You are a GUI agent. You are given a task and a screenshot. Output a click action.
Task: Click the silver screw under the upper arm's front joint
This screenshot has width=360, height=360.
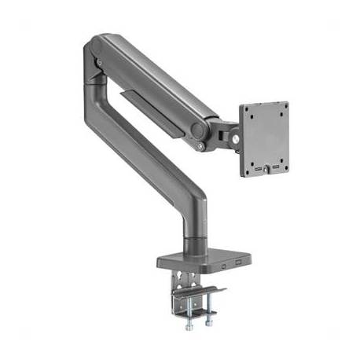coord(200,145)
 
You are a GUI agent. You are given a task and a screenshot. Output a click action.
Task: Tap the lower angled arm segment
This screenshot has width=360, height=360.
coord(149,157)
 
